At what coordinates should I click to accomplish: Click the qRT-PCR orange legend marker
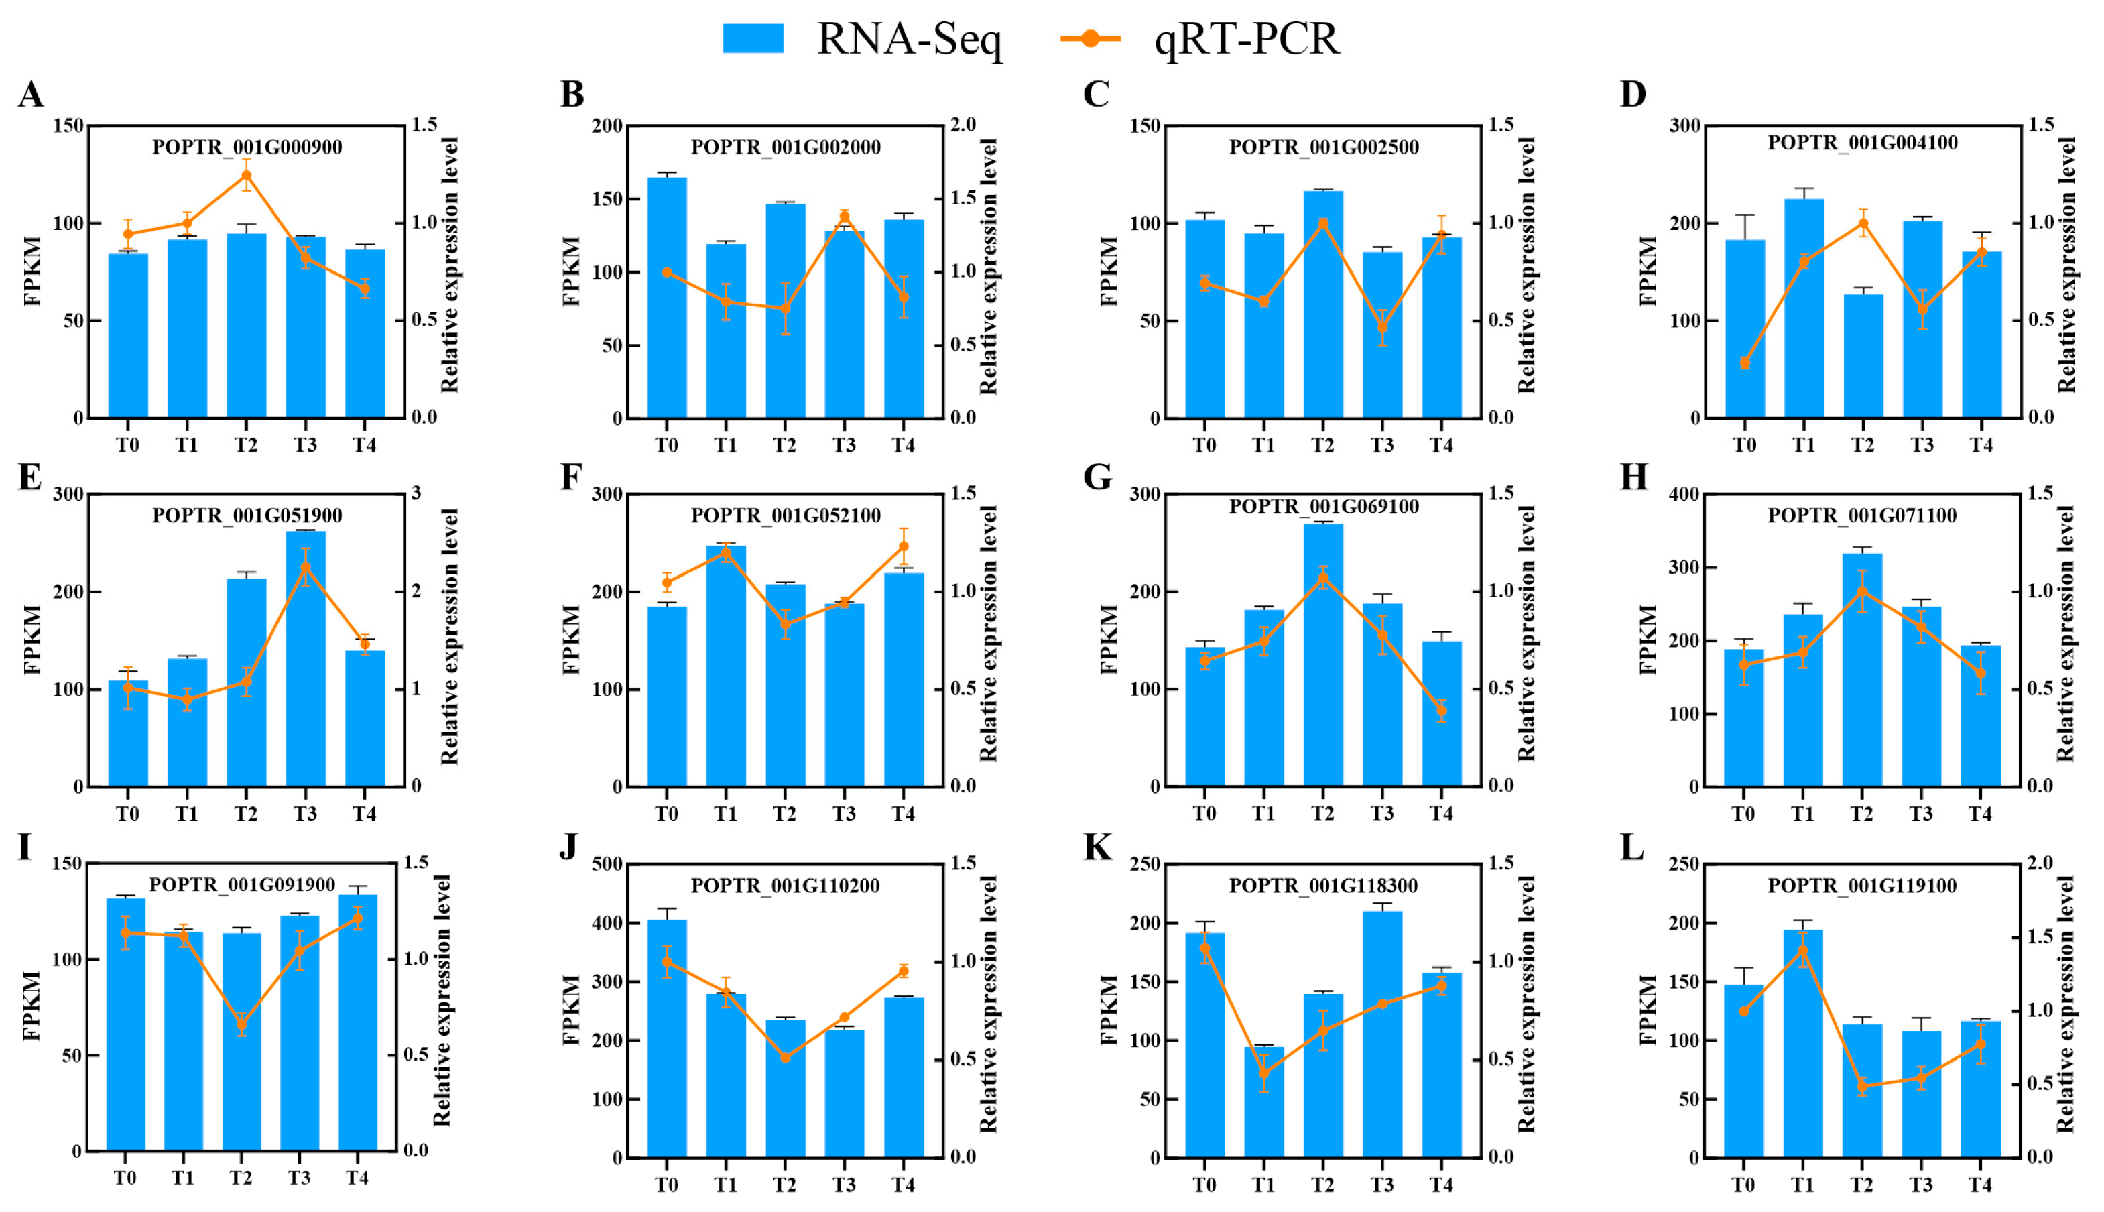(1091, 38)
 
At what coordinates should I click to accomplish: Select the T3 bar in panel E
(306, 658)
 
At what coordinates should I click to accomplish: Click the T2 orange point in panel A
(247, 176)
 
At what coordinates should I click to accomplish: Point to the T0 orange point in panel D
(1745, 362)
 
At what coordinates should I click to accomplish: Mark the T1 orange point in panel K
(1263, 1073)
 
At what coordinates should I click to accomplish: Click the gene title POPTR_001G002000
(785, 147)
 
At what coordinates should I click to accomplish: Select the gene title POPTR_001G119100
(1862, 885)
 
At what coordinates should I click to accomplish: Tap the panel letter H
(1633, 477)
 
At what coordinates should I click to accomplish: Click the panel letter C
(1095, 94)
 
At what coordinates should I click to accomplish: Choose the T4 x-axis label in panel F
(903, 814)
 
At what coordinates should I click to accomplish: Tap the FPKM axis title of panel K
(1109, 1009)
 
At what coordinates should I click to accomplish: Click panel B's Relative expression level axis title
(988, 266)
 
